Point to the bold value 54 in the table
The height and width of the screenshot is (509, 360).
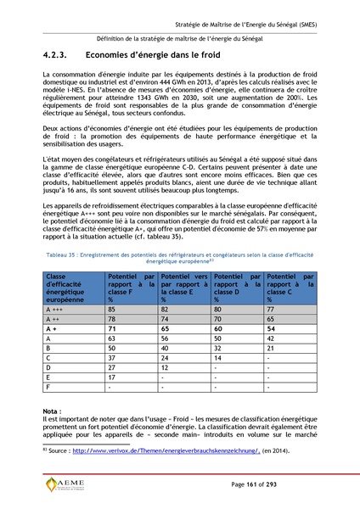(x=271, y=327)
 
